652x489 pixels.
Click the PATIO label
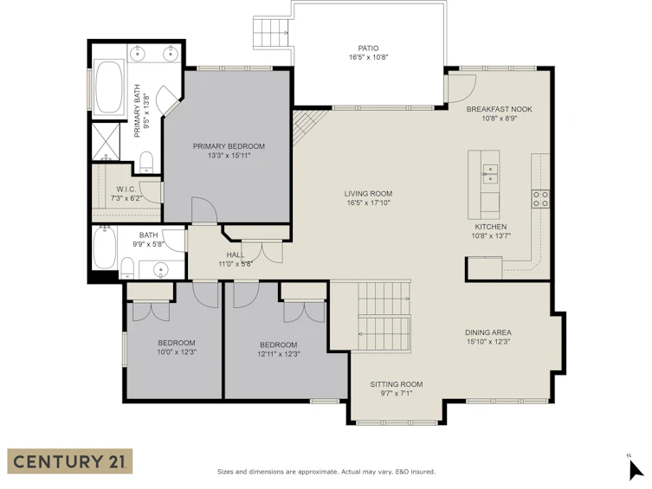click(368, 48)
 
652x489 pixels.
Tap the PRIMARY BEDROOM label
click(229, 146)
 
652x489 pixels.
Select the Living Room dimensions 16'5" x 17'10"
click(368, 203)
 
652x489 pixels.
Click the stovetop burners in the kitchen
click(540, 199)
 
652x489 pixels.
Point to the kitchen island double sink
click(490, 174)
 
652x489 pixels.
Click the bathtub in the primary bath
click(109, 87)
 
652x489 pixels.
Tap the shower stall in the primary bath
click(106, 142)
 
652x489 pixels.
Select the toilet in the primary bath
click(146, 162)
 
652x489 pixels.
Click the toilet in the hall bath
click(126, 268)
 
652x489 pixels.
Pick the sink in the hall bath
click(161, 270)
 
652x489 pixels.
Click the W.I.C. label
click(126, 190)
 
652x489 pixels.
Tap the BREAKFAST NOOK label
click(499, 109)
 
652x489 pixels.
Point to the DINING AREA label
click(488, 332)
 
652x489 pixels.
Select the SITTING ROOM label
click(397, 384)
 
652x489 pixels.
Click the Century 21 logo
click(70, 461)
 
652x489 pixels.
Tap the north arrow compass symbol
click(635, 469)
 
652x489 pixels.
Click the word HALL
click(236, 254)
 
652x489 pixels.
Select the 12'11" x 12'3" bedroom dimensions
click(279, 354)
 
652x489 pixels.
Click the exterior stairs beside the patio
click(271, 32)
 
